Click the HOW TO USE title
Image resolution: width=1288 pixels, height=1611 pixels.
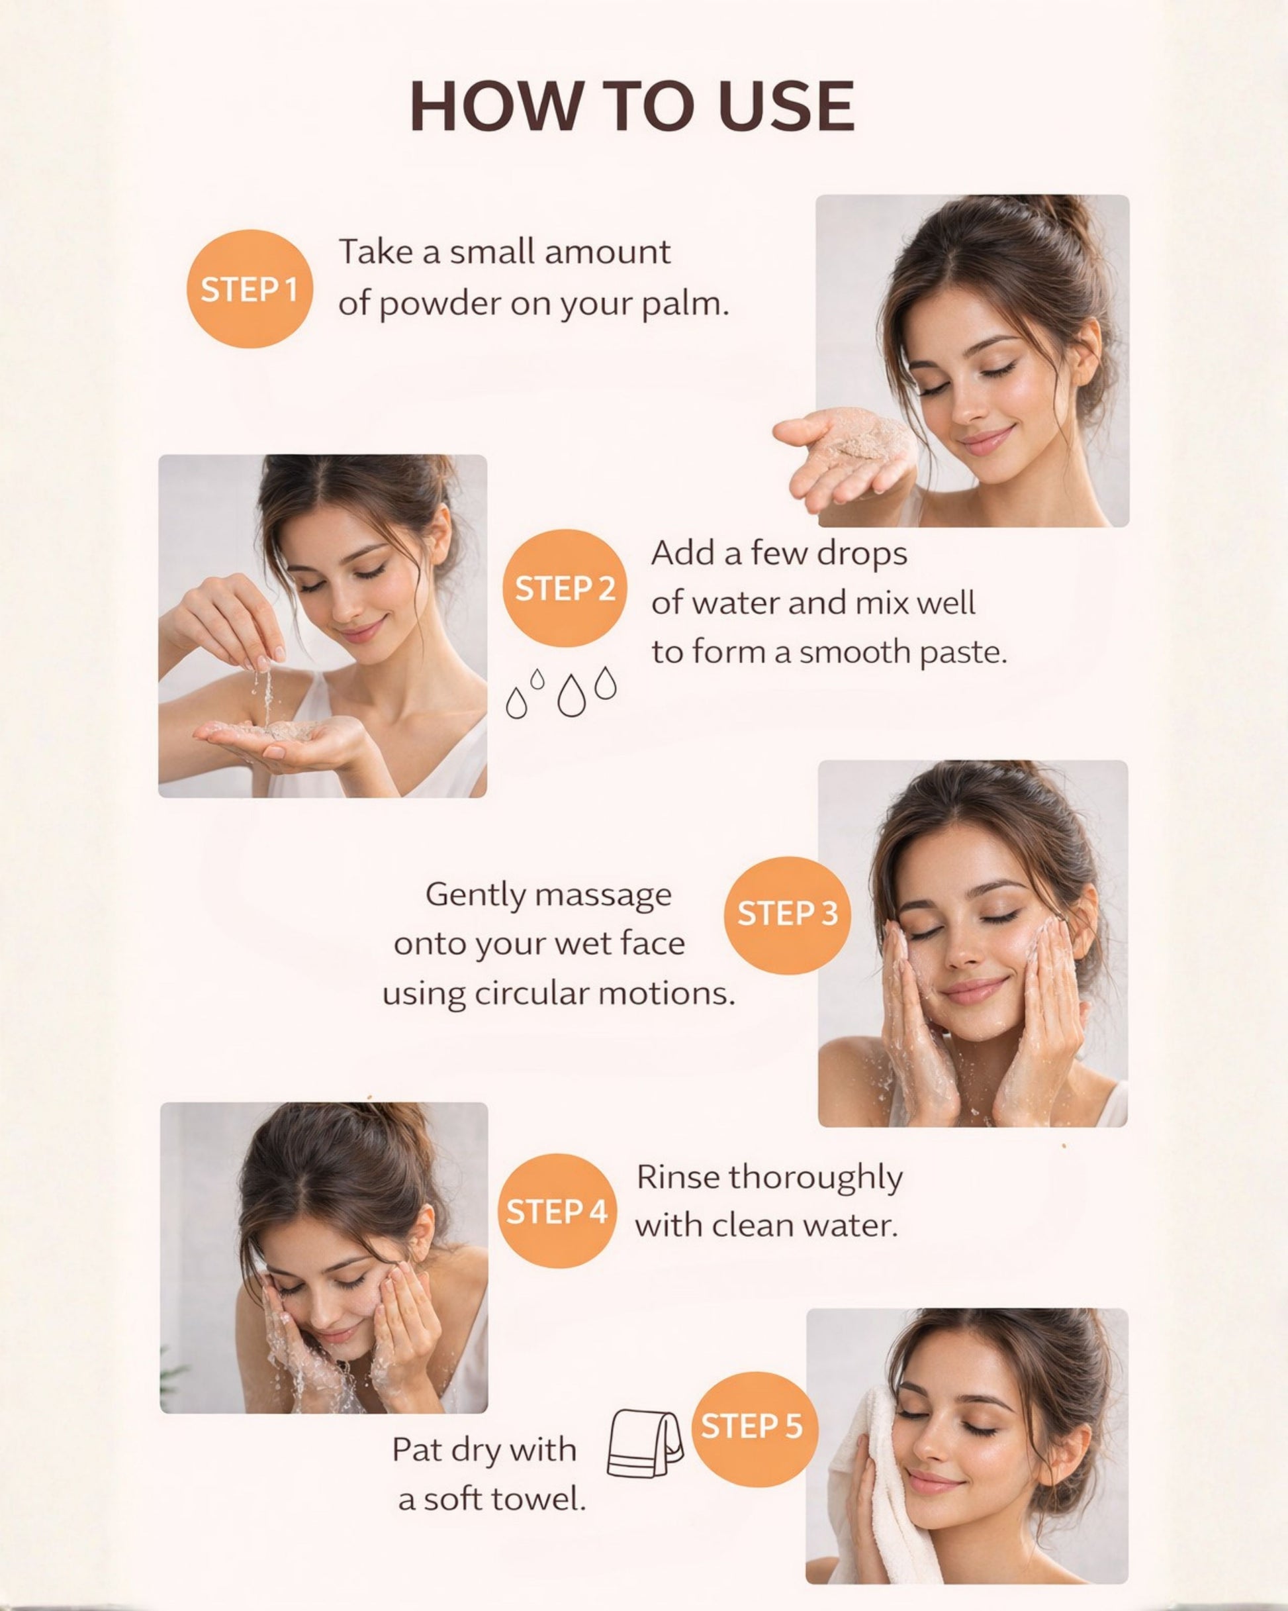coord(632,106)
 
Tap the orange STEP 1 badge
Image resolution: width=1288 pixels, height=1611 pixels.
coord(249,289)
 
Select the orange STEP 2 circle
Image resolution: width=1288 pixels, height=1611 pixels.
coord(564,587)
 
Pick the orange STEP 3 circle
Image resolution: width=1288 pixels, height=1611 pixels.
coord(787,914)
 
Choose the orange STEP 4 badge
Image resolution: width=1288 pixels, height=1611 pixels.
coord(557,1210)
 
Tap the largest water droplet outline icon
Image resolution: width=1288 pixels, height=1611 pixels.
coord(572,696)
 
